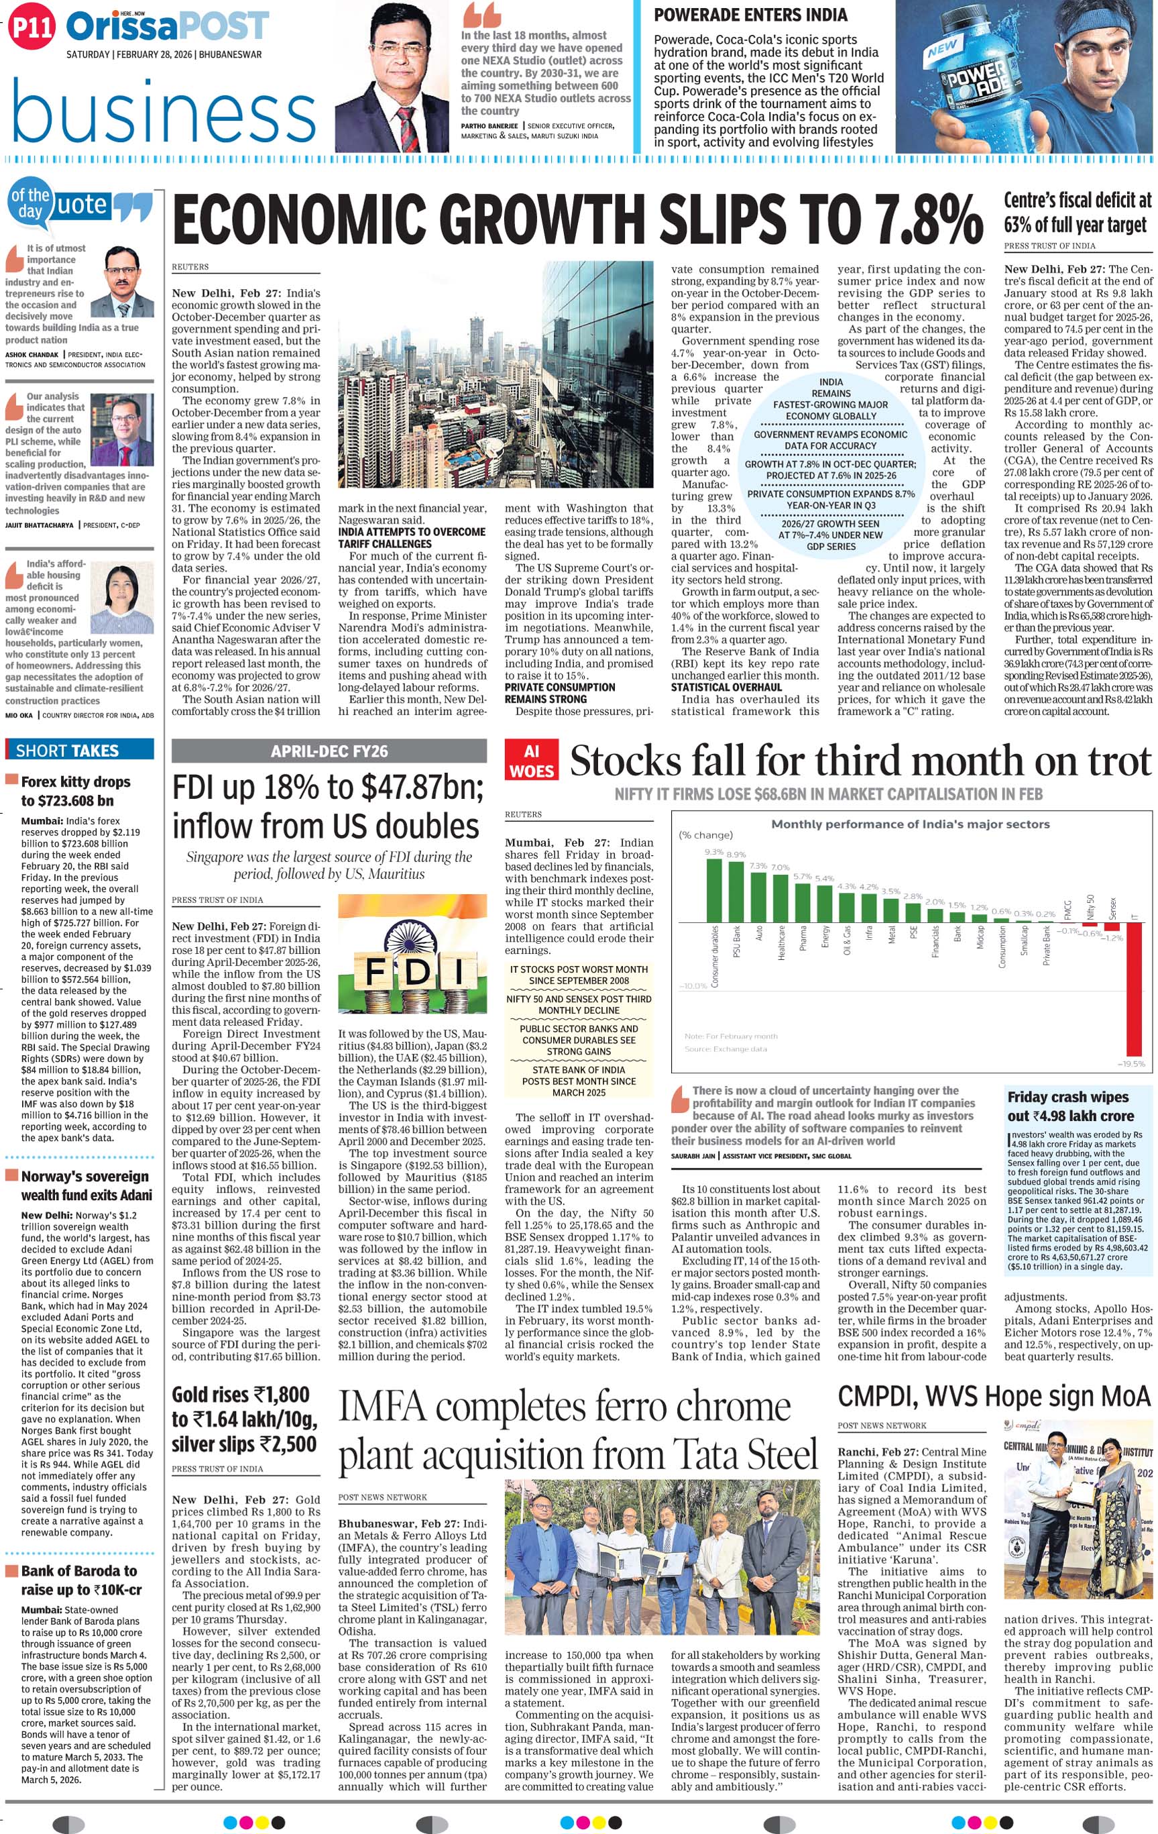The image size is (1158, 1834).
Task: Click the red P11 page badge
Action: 32,28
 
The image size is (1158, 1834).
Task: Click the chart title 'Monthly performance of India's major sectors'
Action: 910,823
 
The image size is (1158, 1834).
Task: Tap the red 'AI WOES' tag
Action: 532,761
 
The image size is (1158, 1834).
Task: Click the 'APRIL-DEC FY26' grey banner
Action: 329,751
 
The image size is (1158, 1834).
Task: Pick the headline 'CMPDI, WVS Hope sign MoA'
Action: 994,1397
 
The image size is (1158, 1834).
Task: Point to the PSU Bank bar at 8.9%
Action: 736,892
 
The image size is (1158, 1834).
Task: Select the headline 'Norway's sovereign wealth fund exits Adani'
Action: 86,1185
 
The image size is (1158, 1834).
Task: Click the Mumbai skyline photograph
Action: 496,374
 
